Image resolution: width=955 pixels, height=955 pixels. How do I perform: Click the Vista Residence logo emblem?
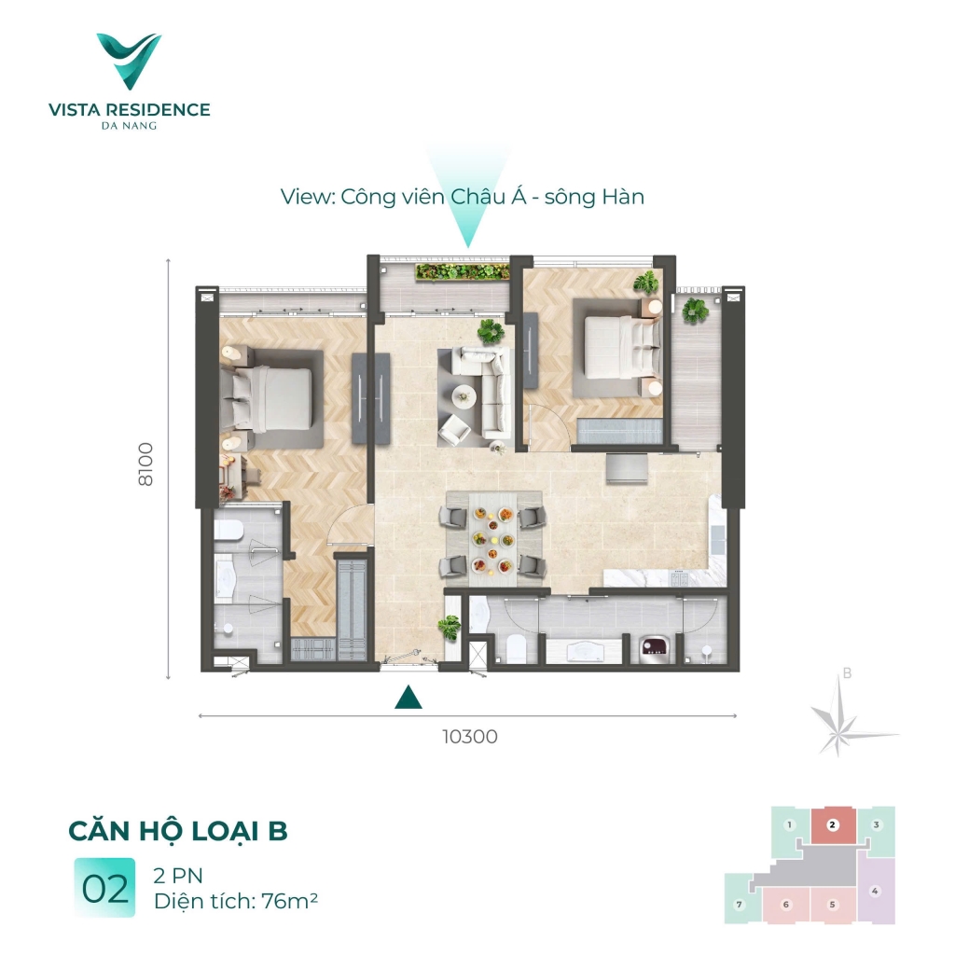tap(129, 61)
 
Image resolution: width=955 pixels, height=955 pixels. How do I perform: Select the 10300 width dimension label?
tap(469, 737)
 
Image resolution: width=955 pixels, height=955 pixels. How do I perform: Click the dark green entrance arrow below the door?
tap(406, 697)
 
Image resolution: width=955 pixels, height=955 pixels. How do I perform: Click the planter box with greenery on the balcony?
tap(463, 271)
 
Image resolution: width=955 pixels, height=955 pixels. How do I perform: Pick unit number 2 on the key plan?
tap(834, 824)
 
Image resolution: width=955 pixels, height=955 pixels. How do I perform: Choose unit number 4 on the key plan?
tap(875, 891)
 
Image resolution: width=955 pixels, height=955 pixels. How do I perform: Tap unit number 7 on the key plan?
tap(740, 905)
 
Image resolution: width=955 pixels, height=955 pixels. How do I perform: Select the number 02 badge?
tap(104, 889)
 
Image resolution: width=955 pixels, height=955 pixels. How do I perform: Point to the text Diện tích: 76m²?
tap(238, 901)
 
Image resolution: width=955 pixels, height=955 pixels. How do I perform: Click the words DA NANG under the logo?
tap(129, 127)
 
